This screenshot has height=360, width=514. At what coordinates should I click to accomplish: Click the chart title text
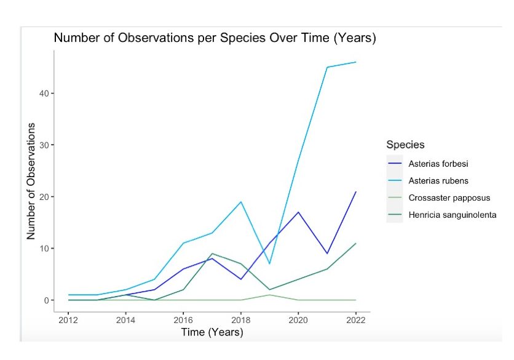point(215,38)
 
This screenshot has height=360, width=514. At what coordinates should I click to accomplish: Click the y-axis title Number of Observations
point(31,181)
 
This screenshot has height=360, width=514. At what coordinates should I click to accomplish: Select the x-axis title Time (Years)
point(212,332)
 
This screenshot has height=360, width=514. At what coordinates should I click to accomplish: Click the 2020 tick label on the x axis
point(298,320)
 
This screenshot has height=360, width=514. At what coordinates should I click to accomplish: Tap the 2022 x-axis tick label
point(355,320)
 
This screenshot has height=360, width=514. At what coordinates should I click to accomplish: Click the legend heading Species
point(405,145)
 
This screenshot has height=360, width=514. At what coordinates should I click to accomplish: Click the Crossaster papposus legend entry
point(449,198)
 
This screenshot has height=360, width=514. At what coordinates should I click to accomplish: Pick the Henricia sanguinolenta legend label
point(452,215)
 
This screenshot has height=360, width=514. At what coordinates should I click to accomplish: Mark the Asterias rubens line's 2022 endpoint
point(355,62)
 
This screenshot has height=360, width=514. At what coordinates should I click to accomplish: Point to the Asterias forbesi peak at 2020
point(298,212)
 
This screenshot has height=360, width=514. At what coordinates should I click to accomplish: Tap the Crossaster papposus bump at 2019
point(270,295)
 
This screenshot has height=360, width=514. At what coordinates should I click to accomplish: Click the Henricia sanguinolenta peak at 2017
point(212,254)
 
